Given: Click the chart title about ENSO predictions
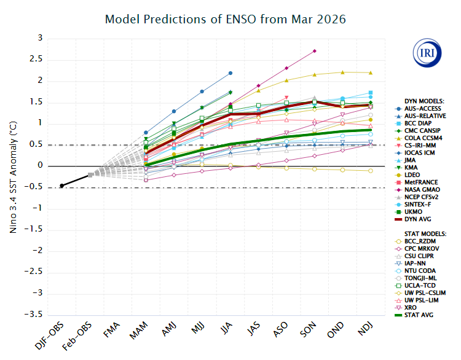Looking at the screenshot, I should (226, 19).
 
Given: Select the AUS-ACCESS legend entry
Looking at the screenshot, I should (424, 108).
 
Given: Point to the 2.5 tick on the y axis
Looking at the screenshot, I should (38, 60).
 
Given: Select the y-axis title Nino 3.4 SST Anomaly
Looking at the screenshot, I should (13, 176).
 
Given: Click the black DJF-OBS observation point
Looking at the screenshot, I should (61, 186).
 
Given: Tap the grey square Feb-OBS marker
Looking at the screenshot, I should (90, 174).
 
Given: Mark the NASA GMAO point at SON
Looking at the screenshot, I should (315, 50).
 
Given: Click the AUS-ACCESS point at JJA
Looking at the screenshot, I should (230, 73).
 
